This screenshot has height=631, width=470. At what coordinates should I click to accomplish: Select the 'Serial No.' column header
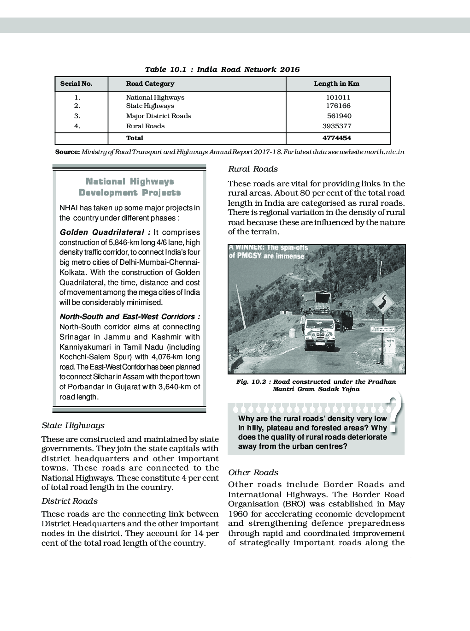[76, 84]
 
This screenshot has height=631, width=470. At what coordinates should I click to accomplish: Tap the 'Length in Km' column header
[336, 84]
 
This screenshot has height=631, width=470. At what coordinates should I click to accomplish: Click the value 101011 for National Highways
[338, 97]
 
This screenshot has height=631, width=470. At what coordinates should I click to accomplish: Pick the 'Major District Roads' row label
[158, 116]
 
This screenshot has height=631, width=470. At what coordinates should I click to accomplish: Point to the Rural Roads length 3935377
[337, 126]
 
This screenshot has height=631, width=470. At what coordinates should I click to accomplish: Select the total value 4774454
[337, 138]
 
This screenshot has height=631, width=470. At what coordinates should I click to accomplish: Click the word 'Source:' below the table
[67, 152]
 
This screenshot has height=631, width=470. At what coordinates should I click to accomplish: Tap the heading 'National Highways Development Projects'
[129, 187]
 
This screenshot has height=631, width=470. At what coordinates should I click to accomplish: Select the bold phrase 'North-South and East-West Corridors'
[129, 317]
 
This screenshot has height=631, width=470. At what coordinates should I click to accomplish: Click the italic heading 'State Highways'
[73, 425]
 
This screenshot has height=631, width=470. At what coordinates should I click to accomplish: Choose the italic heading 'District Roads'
[70, 501]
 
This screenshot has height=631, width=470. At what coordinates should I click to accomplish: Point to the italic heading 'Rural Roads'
[253, 169]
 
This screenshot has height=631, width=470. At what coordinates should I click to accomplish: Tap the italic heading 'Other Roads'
[253, 472]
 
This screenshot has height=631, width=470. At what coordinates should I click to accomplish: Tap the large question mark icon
[394, 413]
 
